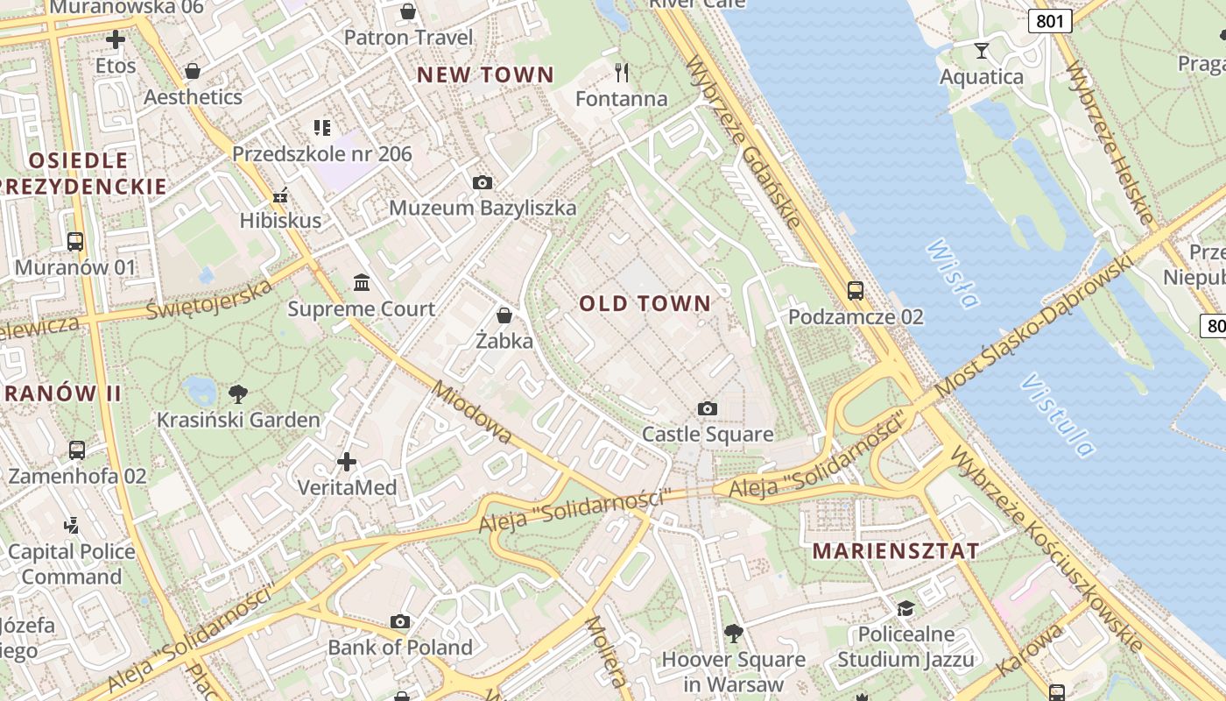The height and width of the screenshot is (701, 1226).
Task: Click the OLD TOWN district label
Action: coord(645,304)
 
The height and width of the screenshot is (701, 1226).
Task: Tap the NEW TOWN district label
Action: coord(485,75)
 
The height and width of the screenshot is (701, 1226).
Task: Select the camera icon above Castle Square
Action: coord(708,408)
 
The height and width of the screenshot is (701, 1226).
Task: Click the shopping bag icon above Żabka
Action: coord(504,315)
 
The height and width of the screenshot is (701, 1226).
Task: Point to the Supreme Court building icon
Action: coord(362,282)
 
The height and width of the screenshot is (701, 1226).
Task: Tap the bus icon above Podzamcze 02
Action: coord(856,291)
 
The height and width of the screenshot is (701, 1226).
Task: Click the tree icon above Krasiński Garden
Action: coord(237,393)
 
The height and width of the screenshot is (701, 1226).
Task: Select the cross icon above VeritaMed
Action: coord(347,461)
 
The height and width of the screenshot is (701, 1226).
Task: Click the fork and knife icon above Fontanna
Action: coord(622,72)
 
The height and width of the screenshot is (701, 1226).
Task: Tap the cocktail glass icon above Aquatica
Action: coord(982,50)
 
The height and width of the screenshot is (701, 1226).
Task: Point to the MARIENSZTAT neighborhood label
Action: coord(896,551)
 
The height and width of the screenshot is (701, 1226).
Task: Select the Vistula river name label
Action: coord(1057,415)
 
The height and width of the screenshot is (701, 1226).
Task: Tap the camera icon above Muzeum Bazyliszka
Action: coord(482,182)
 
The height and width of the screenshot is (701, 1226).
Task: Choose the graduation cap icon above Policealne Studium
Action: coord(905,608)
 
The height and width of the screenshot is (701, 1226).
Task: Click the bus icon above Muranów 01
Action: coord(75,241)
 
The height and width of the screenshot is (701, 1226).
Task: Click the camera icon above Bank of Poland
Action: coord(400,622)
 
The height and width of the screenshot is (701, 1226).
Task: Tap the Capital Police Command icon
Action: coord(72,526)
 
